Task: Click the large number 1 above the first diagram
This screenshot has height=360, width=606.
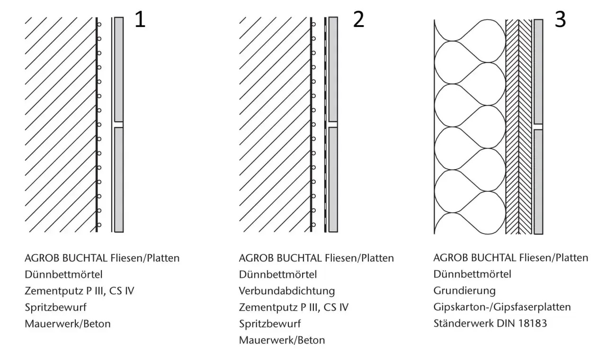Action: click(x=141, y=19)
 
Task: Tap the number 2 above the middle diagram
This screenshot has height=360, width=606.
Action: click(x=359, y=19)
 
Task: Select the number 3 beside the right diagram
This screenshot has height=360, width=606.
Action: click(x=560, y=19)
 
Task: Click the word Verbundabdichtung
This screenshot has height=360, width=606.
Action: click(x=287, y=291)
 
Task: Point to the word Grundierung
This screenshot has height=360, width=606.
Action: click(x=464, y=291)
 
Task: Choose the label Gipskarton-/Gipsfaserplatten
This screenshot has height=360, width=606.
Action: click(x=502, y=307)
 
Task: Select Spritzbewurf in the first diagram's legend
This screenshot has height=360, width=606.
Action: click(x=55, y=307)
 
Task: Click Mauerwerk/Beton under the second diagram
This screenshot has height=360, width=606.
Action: click(x=282, y=340)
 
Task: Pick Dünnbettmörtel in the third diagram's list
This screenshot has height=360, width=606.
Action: click(x=472, y=274)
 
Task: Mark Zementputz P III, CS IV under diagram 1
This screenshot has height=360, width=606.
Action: click(x=79, y=291)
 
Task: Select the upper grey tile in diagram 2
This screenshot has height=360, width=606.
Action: click(x=333, y=69)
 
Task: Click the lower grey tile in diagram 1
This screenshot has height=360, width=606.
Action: click(x=119, y=180)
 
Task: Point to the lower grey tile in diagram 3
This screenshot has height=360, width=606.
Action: click(x=538, y=182)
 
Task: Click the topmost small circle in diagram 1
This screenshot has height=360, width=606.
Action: click(x=99, y=25)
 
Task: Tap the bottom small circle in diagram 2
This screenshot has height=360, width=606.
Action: click(x=313, y=225)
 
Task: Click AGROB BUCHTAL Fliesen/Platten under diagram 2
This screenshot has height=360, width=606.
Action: click(x=316, y=258)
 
